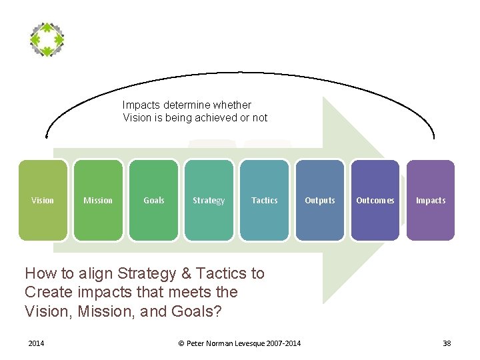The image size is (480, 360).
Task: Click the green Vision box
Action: click(43, 200)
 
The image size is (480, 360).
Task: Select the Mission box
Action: click(98, 200)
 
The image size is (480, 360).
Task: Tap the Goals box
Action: click(153, 200)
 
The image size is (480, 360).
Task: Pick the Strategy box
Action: click(209, 200)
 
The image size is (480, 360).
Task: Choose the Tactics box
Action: click(264, 200)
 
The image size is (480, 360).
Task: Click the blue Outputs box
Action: click(320, 200)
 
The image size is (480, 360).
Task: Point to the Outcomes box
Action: click(375, 200)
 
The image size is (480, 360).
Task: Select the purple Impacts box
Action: click(431, 200)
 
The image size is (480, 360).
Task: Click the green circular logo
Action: click(47, 39)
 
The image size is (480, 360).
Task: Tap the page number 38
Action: click(447, 343)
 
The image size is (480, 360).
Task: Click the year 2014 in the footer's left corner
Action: click(36, 343)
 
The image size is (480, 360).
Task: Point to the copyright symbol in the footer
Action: click(181, 343)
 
